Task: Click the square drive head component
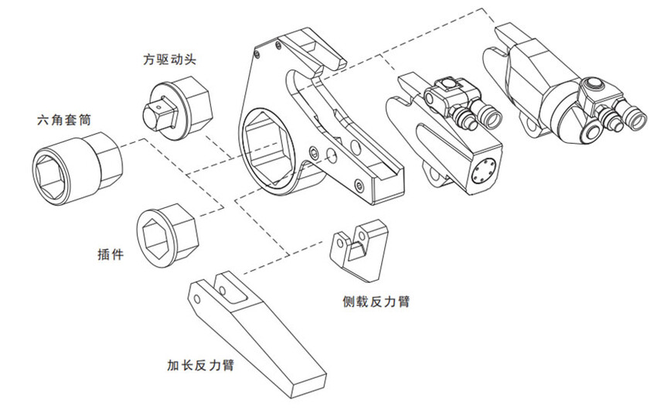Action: point(172,108)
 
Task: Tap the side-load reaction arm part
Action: point(359,251)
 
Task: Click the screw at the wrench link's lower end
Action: point(359,186)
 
